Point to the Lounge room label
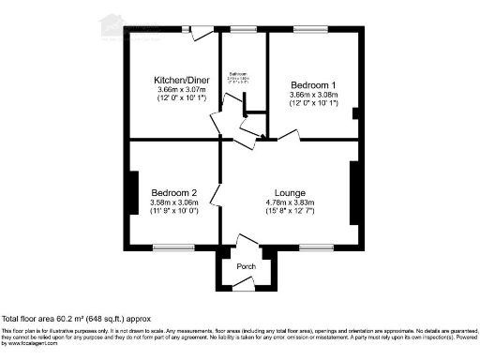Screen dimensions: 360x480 [x=289, y=193]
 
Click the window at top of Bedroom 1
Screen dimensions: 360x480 [x=310, y=30]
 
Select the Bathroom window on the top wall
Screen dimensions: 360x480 [x=244, y=30]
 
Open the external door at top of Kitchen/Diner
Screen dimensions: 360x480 [x=201, y=33]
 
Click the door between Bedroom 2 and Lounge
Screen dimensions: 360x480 [x=217, y=194]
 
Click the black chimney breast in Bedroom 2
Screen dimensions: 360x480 [x=134, y=195]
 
